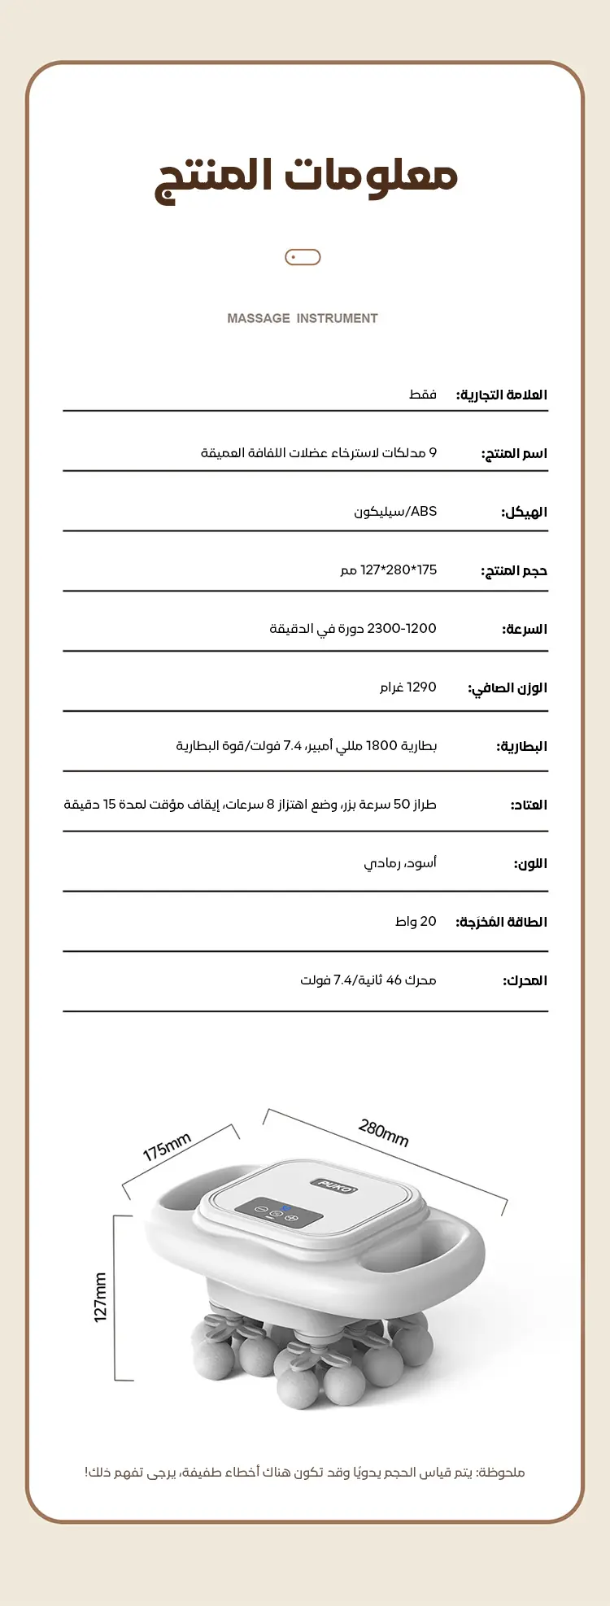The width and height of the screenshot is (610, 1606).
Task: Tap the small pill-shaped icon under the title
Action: [303, 257]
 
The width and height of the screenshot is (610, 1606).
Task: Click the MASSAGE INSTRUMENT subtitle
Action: [303, 318]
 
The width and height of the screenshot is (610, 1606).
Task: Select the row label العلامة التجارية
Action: [501, 395]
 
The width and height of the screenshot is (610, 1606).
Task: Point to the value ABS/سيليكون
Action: [395, 512]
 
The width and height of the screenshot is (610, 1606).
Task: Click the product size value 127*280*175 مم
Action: [388, 570]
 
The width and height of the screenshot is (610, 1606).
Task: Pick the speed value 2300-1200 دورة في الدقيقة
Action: [353, 629]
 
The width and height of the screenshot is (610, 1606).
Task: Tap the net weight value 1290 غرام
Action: [407, 687]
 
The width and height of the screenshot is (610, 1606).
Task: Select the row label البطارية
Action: [521, 746]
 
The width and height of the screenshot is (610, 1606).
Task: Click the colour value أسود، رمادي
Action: [399, 863]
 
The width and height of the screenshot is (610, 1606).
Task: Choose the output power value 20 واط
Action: [416, 922]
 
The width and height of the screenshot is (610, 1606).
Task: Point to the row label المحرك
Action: [525, 980]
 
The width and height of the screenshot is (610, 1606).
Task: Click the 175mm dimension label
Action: [167, 1147]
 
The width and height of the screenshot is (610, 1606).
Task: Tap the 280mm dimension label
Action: [383, 1132]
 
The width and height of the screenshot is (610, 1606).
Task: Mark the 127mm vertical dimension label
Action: [100, 1298]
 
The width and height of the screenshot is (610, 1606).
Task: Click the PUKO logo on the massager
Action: [333, 1185]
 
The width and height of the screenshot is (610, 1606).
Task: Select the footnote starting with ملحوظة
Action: [304, 1472]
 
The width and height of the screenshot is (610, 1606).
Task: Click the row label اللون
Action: [529, 863]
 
